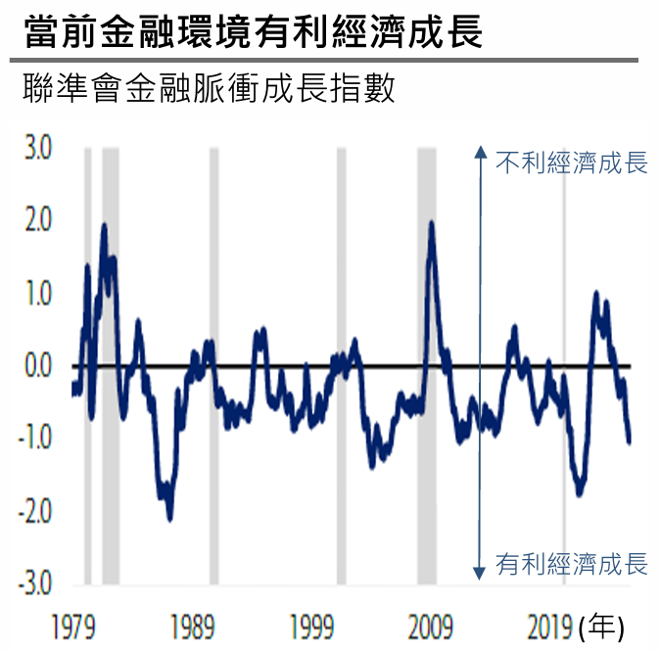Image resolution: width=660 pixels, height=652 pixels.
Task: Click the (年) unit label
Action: (601, 627)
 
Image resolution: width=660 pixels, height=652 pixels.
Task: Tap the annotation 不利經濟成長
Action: (572, 163)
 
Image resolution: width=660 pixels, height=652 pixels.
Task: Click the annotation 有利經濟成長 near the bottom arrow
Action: (572, 564)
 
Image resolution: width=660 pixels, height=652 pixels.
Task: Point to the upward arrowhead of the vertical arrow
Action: (480, 151)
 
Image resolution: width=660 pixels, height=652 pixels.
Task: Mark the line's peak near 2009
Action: (432, 224)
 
